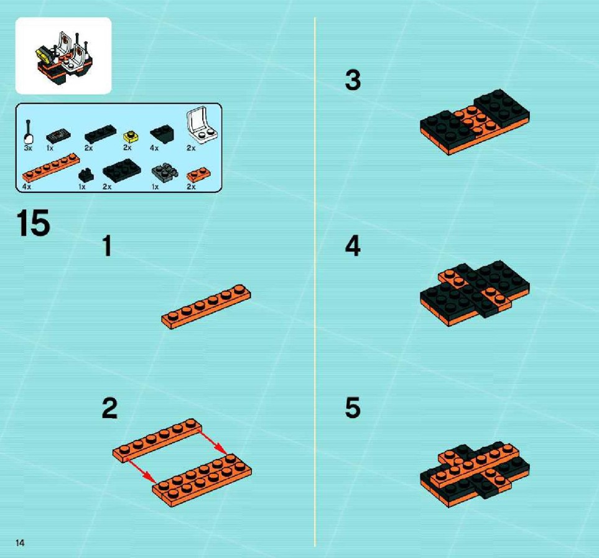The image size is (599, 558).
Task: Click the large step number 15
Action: pyautogui.click(x=33, y=223)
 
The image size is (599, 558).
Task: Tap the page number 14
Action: pyautogui.click(x=20, y=542)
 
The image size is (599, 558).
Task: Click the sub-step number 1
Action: pyautogui.click(x=108, y=246)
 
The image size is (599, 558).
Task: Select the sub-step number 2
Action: pyautogui.click(x=109, y=408)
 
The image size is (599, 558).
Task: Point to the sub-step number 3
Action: pyautogui.click(x=353, y=80)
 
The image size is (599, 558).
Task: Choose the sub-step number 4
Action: pyautogui.click(x=353, y=246)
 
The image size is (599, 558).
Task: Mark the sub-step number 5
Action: pyautogui.click(x=353, y=407)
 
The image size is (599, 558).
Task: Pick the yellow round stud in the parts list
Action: pyautogui.click(x=131, y=136)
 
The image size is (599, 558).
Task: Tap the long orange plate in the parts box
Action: pyautogui.click(x=51, y=167)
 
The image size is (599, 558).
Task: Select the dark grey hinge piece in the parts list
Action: pyautogui.click(x=165, y=172)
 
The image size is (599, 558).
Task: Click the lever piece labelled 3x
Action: pyautogui.click(x=29, y=132)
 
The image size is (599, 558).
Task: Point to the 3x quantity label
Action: pyautogui.click(x=28, y=148)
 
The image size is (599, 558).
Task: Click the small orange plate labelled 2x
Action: pyautogui.click(x=198, y=175)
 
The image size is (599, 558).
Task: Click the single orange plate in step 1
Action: pyautogui.click(x=206, y=306)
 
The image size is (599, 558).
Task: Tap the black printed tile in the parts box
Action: pyautogui.click(x=58, y=136)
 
